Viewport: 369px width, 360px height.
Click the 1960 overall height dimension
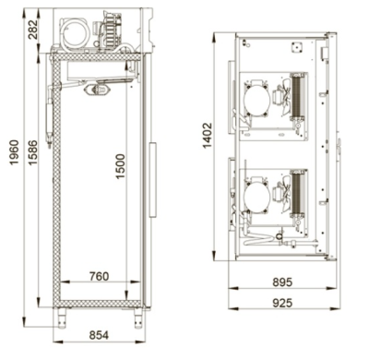click(15, 152)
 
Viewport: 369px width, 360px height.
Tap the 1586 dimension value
click(32, 152)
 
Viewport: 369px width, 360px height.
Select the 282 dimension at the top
click(32, 30)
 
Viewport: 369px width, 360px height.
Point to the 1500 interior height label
click(121, 166)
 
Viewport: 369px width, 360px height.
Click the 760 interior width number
click(100, 276)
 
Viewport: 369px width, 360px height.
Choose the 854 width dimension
click(99, 335)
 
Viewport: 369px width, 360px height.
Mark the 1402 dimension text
click(208, 136)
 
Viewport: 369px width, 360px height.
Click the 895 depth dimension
click(282, 282)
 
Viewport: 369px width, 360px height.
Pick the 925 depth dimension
click(282, 303)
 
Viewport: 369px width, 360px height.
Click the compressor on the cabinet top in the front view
click(75, 32)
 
